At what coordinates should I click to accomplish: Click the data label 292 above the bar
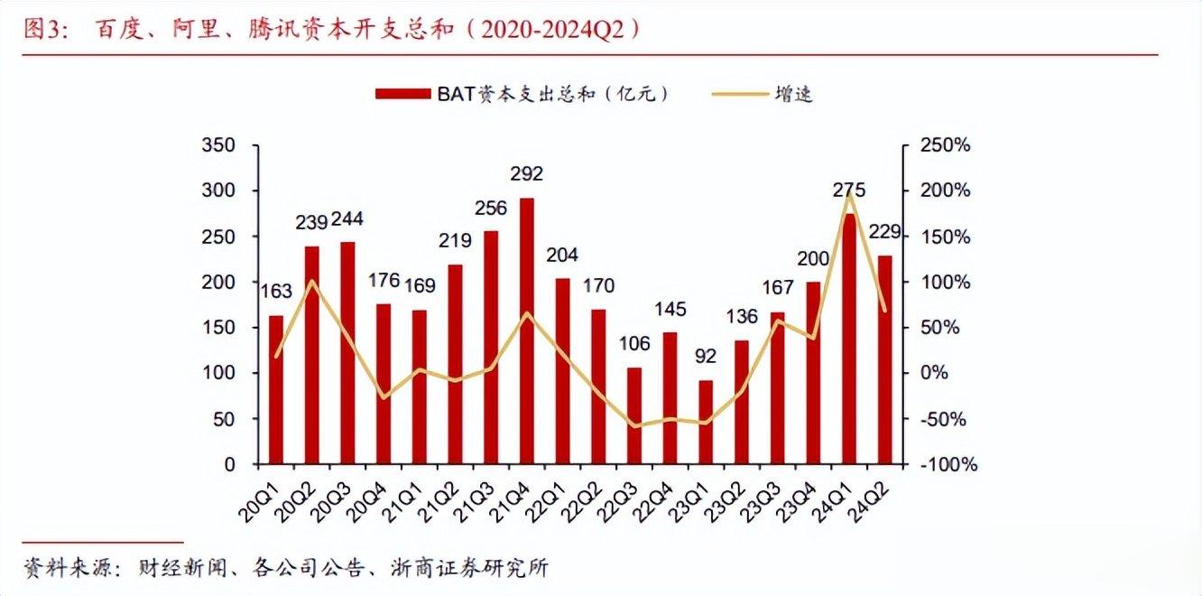527,174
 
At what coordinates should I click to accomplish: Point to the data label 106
634,344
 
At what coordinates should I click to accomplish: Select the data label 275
849,190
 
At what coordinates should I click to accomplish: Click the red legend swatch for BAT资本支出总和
404,94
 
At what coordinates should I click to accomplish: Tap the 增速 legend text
793,94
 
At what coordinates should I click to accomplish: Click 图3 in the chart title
41,30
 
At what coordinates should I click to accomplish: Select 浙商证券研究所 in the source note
469,568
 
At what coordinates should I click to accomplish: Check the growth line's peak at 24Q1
849,192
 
